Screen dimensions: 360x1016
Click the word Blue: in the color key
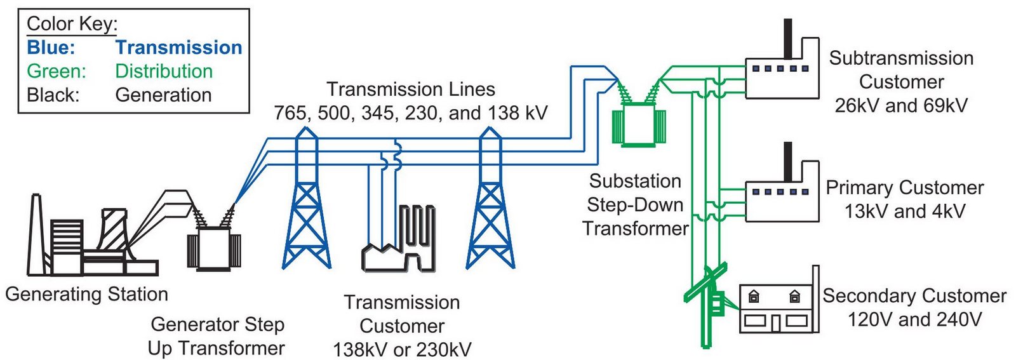coord(51,48)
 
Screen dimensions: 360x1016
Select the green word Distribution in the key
coord(164,71)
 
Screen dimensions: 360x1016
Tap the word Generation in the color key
coord(163,95)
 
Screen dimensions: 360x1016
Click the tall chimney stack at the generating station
coord(36,235)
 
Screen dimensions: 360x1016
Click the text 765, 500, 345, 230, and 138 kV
coord(410,113)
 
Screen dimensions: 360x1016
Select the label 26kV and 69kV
coord(901,105)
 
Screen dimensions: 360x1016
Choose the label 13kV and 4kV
coord(904,211)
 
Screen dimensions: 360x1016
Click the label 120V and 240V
coord(914,319)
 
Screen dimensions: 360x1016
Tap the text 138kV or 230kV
coord(402,349)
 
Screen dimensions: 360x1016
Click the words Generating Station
coord(86,294)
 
